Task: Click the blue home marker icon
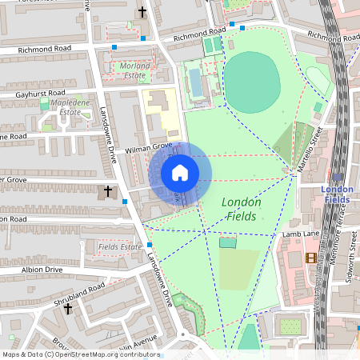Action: [180, 173]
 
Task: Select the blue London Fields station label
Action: [337, 194]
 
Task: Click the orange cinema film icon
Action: [310, 257]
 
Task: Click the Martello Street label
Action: [316, 145]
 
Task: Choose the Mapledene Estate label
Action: [66, 108]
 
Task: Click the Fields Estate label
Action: [119, 247]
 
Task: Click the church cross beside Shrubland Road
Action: [68, 308]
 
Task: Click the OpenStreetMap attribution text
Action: [80, 354]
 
